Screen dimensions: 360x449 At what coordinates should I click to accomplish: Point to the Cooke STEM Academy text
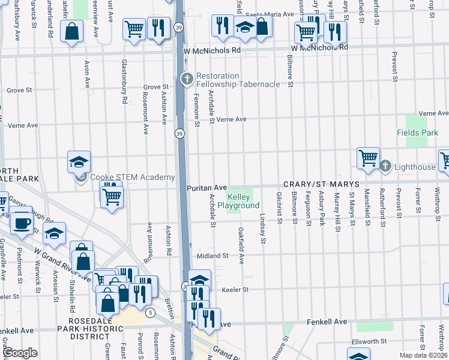tap(132, 177)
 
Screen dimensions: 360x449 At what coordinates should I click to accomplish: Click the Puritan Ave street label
tap(206, 188)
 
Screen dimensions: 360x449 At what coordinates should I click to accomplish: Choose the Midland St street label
tap(213, 256)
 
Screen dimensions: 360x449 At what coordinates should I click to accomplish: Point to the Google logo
tap(20, 353)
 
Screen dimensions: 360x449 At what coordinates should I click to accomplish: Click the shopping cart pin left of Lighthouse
tap(367, 158)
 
